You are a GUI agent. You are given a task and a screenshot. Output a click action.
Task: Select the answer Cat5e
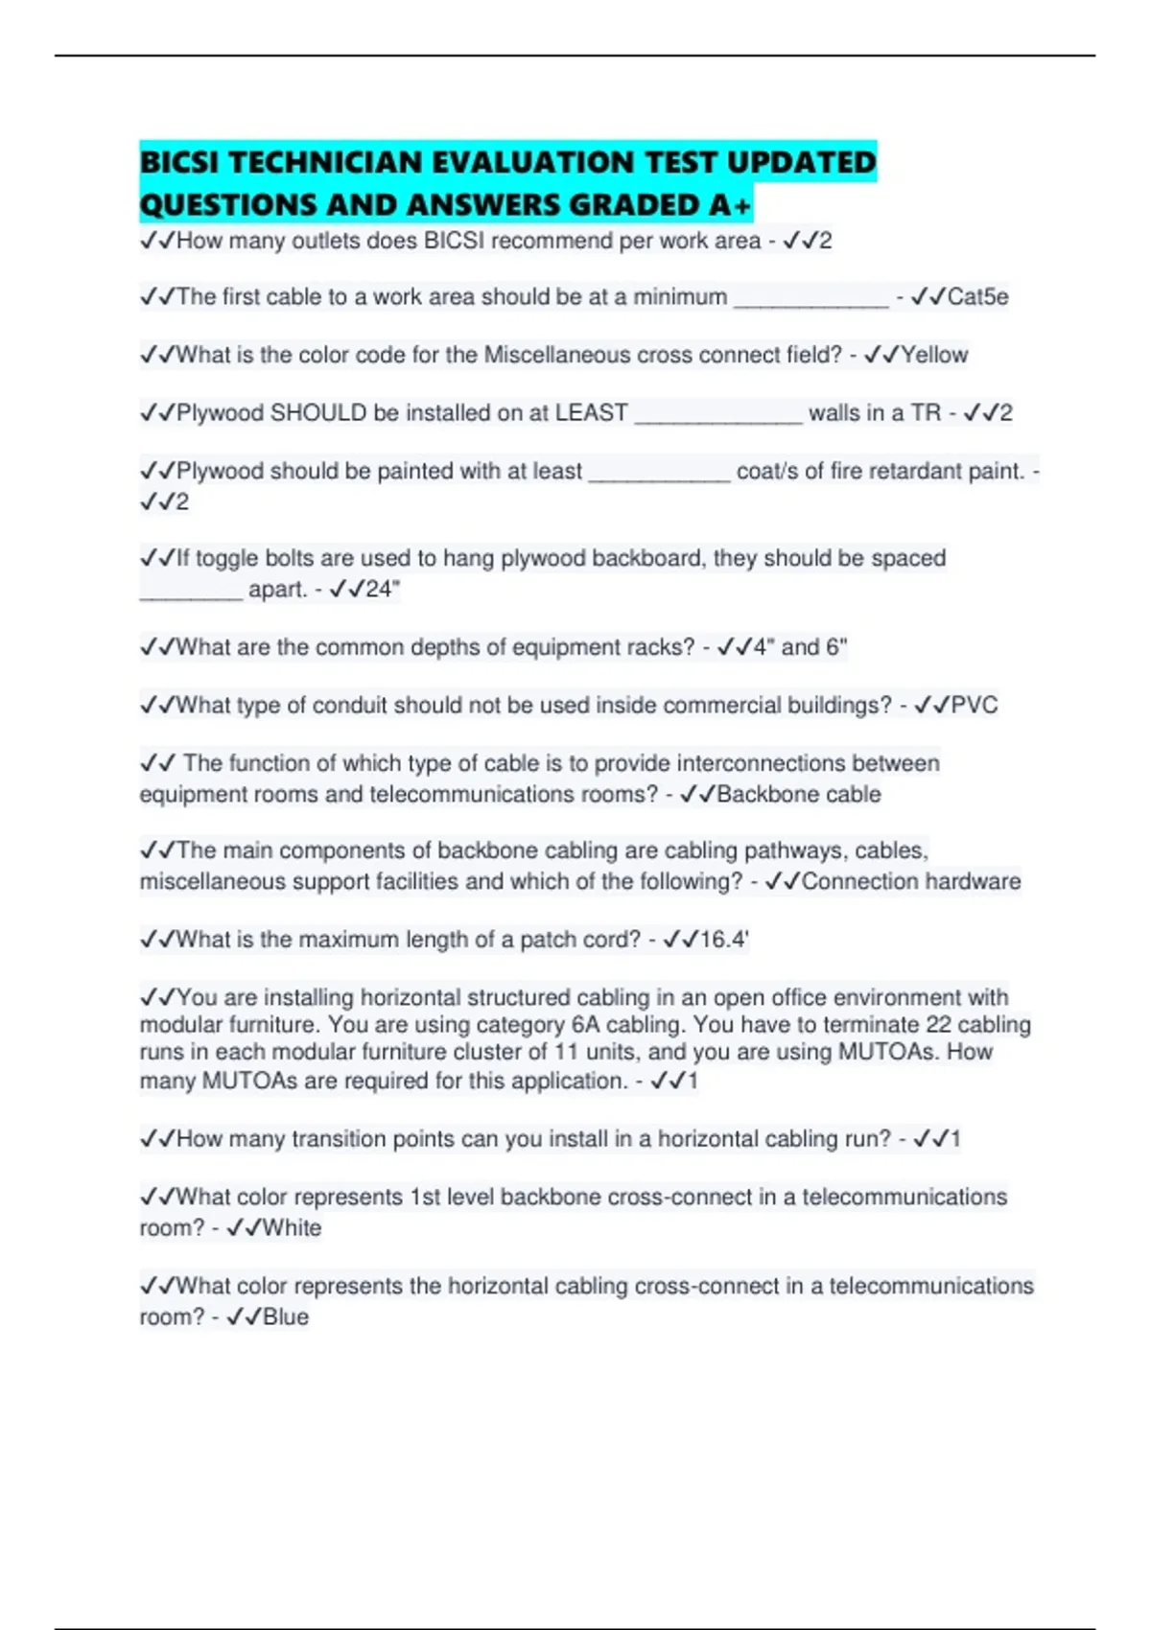[977, 297]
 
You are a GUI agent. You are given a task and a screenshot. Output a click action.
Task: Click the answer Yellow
[933, 355]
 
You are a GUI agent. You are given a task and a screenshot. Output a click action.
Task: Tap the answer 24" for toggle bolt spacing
[382, 589]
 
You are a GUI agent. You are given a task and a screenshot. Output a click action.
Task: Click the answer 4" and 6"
[800, 647]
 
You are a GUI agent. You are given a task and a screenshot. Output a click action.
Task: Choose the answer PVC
[974, 706]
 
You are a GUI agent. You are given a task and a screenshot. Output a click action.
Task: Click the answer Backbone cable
[798, 794]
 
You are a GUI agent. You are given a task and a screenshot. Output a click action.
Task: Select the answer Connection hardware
[910, 881]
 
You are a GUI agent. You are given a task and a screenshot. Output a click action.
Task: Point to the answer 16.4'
[723, 940]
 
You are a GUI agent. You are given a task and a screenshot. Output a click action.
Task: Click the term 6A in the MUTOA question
[585, 1025]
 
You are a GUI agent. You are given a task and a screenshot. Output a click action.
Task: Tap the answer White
[292, 1228]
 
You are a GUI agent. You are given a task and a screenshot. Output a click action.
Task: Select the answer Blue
[286, 1317]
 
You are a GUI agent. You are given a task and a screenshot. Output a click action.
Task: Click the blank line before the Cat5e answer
[811, 303]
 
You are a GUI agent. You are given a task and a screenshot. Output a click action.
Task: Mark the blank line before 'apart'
[191, 594]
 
